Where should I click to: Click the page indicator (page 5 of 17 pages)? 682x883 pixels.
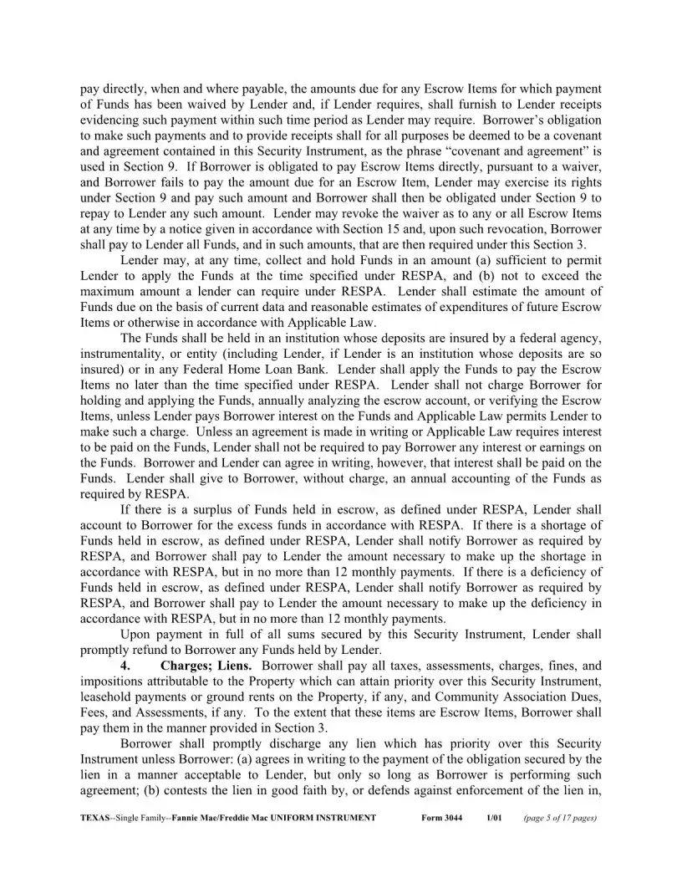tap(559, 818)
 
